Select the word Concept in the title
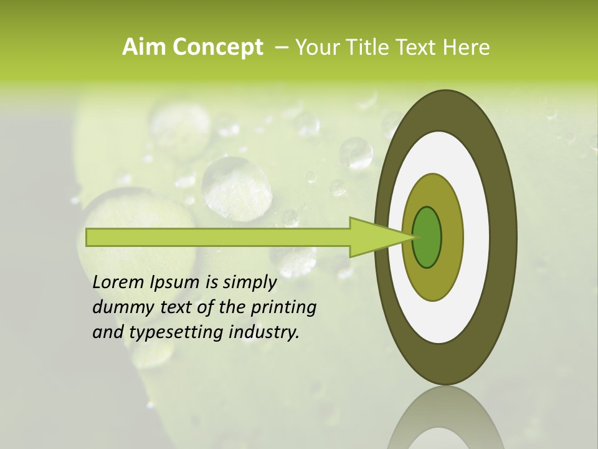tap(217, 48)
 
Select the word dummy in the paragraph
tap(119, 307)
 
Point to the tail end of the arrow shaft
tap(90, 238)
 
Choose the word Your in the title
tap(313, 47)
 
